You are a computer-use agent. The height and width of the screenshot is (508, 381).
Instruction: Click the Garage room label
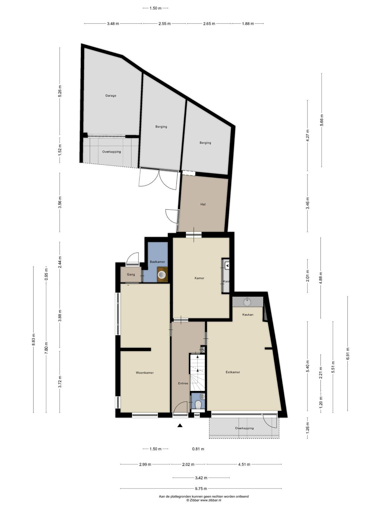click(x=110, y=95)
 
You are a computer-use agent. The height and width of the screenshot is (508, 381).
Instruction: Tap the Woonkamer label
click(x=144, y=373)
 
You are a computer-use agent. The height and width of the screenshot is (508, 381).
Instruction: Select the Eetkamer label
click(x=233, y=372)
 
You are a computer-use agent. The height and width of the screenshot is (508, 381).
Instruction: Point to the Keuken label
click(x=248, y=315)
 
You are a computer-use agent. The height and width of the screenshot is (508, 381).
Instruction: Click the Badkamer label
click(x=157, y=262)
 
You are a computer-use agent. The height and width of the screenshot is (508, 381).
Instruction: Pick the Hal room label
click(x=203, y=204)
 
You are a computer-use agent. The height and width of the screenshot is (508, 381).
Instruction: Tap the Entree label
click(x=183, y=383)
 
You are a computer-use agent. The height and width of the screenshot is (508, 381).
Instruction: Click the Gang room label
click(x=131, y=275)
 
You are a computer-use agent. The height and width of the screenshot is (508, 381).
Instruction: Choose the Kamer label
click(x=199, y=278)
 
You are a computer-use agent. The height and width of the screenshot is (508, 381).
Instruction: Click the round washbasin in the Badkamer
click(x=162, y=275)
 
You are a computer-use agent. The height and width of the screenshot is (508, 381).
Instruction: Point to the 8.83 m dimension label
click(x=34, y=339)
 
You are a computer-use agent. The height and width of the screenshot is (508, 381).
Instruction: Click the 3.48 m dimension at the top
click(x=113, y=23)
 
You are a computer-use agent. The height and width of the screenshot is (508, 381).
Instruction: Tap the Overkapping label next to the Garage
click(x=111, y=152)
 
